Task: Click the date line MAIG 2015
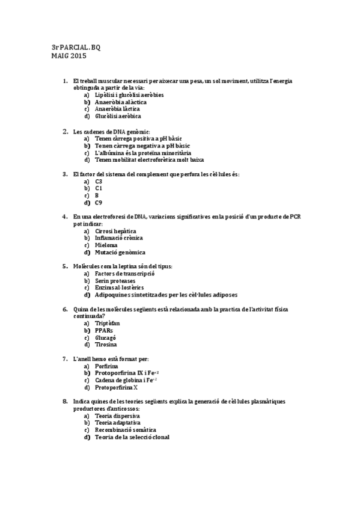pos(69,57)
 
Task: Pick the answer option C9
pos(99,203)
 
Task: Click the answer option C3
pos(99,181)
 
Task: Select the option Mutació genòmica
pos(120,253)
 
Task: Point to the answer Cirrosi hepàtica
pos(115,231)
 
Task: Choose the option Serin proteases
pos(115,281)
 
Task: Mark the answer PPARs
pos(104,331)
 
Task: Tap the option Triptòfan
pos(108,324)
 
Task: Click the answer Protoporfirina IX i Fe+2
pos(126,373)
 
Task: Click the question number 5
pos(65,266)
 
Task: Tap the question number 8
pos(65,401)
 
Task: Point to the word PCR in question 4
pos(294,217)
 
